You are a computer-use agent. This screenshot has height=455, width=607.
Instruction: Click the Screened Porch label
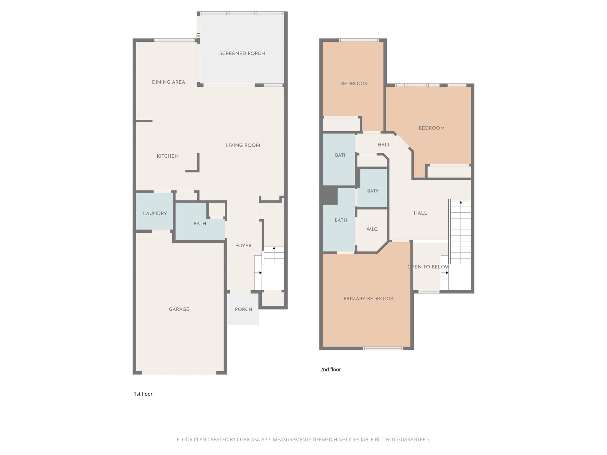(242, 53)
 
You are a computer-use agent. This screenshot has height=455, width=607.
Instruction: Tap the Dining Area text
(168, 82)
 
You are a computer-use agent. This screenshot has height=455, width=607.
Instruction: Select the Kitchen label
(167, 156)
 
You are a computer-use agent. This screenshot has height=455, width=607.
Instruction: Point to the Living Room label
(243, 145)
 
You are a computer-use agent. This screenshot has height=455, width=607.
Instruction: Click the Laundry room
(155, 213)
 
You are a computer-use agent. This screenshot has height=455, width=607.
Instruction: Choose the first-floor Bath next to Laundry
(199, 224)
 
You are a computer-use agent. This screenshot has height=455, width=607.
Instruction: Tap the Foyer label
(243, 246)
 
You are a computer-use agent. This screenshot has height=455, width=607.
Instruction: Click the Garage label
(179, 309)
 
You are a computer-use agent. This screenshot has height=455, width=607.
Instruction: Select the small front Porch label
(243, 309)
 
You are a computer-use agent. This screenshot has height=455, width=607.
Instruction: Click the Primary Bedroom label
(368, 299)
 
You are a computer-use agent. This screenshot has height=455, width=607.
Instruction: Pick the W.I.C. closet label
(372, 229)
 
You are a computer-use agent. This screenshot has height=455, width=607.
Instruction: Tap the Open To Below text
(428, 267)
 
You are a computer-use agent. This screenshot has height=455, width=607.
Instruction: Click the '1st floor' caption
(143, 394)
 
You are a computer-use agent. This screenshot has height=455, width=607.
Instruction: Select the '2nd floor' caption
(330, 369)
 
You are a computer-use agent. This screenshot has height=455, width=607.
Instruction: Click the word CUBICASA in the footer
(248, 440)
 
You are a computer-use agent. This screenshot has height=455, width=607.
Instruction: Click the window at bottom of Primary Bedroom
(383, 348)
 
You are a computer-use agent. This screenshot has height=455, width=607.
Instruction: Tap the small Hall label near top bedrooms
(384, 145)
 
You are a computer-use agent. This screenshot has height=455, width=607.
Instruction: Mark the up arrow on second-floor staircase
(461, 202)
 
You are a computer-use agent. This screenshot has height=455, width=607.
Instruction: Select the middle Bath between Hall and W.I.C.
(373, 191)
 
